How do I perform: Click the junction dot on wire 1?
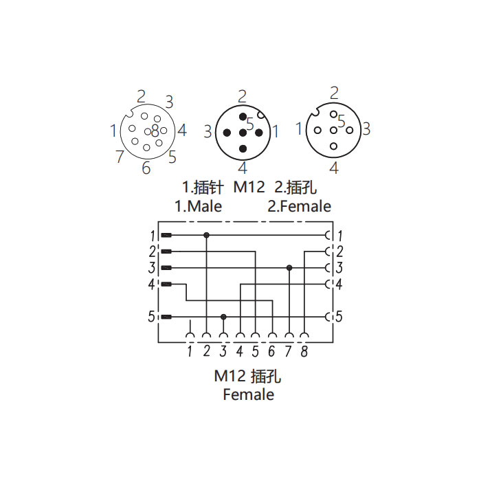tap(206, 235)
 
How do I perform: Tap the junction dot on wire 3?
tap(289, 268)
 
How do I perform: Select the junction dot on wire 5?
tap(223, 317)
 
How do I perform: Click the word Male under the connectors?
tap(205, 206)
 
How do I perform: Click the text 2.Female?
tap(300, 206)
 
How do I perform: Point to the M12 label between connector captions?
tap(249, 187)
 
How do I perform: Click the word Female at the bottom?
tap(249, 394)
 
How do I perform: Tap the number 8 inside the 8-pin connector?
tap(155, 131)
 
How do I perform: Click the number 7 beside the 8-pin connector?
tap(120, 156)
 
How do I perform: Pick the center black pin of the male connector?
tap(243, 133)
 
